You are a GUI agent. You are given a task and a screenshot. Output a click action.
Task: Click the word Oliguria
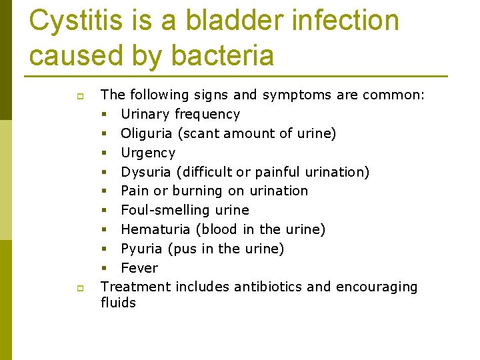147,133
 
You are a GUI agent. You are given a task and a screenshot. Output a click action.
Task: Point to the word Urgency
148,153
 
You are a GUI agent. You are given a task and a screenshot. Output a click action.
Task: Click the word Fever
139,268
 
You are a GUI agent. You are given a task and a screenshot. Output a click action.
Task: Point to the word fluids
118,303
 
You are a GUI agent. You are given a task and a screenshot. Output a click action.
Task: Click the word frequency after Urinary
207,114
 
